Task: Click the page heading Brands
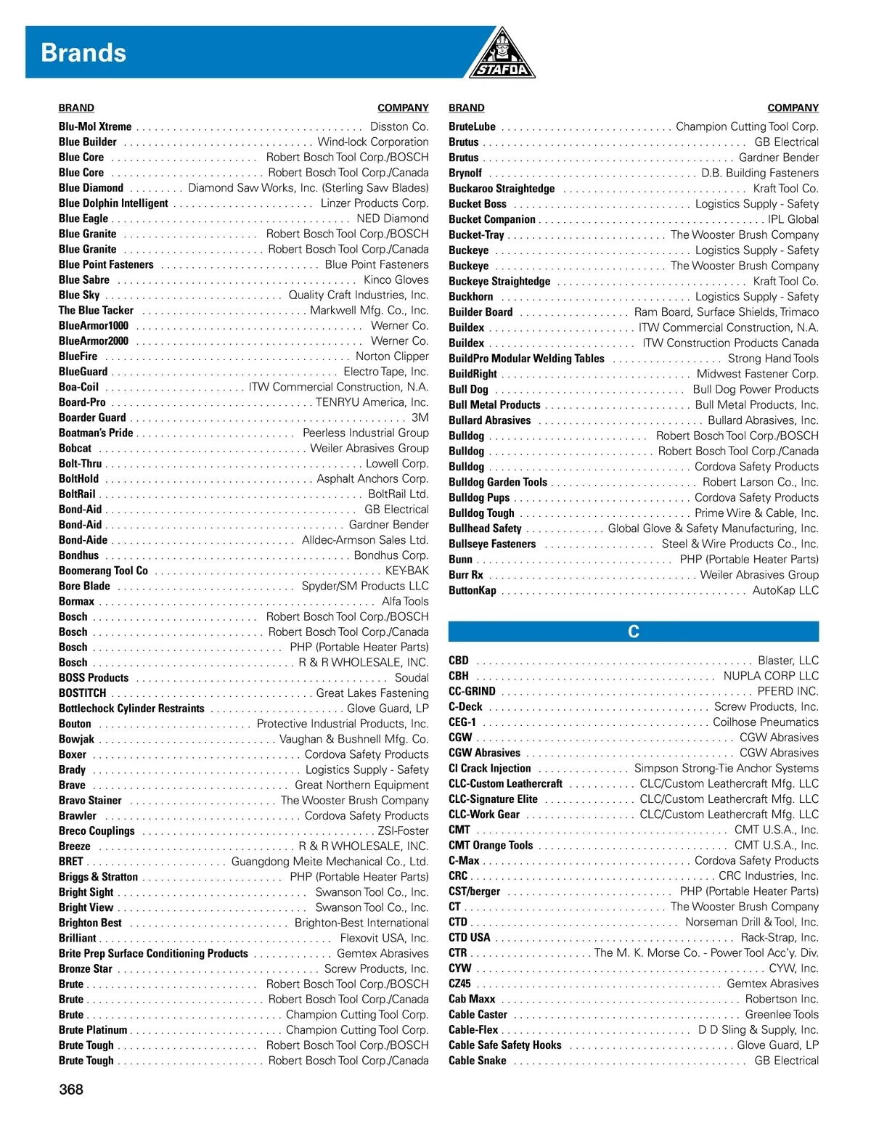(83, 53)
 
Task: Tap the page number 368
(71, 1089)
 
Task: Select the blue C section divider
(633, 632)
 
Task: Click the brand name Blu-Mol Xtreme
(95, 126)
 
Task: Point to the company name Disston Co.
(399, 126)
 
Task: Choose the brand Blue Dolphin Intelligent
(113, 203)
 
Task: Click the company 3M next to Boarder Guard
(420, 417)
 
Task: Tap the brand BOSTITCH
(82, 693)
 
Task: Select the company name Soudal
(412, 678)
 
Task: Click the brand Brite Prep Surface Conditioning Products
(153, 953)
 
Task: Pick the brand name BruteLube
(472, 126)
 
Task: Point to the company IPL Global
(793, 219)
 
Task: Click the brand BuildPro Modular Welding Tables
(526, 359)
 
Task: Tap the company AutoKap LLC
(785, 590)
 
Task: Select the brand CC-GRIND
(472, 691)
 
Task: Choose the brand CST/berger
(474, 891)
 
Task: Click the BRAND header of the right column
(466, 107)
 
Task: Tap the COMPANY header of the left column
(403, 107)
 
